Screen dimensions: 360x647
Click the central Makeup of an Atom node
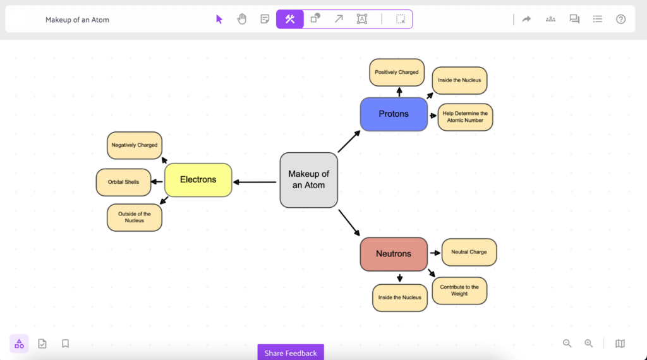click(308, 180)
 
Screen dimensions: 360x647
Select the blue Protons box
click(394, 114)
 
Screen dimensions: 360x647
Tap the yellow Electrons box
click(198, 180)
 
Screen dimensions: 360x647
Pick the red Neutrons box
click(394, 254)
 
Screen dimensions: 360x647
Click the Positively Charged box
click(397, 73)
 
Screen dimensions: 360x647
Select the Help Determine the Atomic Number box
click(465, 117)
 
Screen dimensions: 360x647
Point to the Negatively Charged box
click(135, 145)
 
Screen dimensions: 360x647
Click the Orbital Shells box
click(123, 183)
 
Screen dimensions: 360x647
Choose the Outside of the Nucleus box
click(135, 218)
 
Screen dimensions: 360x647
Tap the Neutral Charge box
click(469, 252)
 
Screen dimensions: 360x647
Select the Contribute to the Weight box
click(459, 291)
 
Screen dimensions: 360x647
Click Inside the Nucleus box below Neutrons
click(399, 297)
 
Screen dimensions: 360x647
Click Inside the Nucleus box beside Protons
click(459, 80)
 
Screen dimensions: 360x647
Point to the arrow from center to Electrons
click(255, 183)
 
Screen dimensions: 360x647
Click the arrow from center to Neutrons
click(349, 222)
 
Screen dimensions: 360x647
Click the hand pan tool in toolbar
click(242, 20)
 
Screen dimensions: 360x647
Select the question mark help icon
click(620, 20)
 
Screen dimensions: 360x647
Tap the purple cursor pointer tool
click(219, 20)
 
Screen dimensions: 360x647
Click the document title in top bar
click(77, 20)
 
